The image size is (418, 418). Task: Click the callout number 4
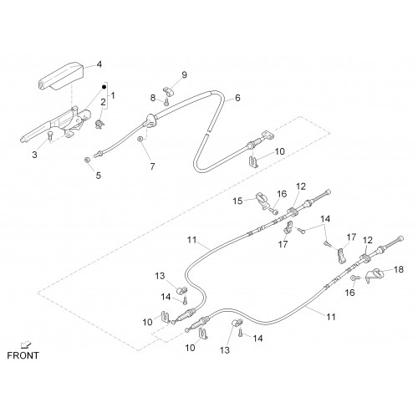click(99, 64)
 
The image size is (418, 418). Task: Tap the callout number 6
click(237, 98)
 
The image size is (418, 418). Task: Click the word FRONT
click(23, 355)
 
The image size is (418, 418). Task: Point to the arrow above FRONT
click(28, 345)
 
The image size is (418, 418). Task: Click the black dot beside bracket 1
click(104, 87)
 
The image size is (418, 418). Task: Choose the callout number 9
click(184, 74)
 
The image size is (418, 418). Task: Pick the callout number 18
click(399, 269)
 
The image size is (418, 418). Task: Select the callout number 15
click(237, 201)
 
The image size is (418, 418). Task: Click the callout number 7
click(152, 166)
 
